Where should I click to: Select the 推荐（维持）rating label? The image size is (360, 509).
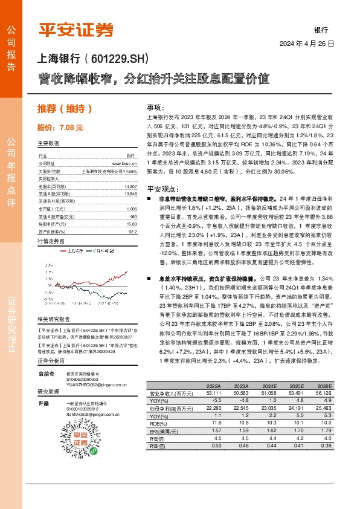pyautogui.click(x=65, y=109)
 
